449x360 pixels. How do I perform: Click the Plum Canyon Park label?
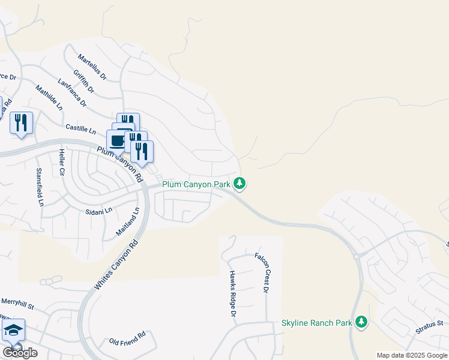[196, 184]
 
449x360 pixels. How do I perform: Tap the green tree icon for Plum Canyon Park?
[240, 183]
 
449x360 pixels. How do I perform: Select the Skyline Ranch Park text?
[316, 323]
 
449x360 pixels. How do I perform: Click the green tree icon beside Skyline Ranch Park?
[361, 322]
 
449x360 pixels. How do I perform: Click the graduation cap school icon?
[13, 331]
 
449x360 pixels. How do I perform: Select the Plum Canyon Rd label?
[121, 164]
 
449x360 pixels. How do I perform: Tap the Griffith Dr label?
[84, 81]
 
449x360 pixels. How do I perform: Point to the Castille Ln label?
[81, 129]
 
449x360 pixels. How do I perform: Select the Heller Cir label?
[61, 163]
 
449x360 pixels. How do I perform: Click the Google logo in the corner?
[20, 353]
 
